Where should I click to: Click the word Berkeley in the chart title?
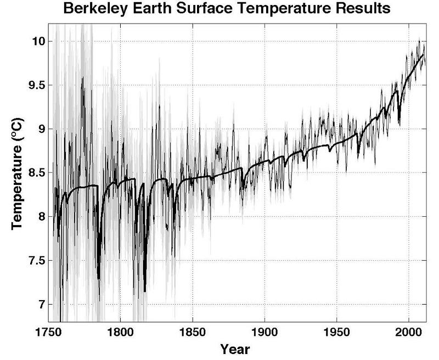[x=93, y=9]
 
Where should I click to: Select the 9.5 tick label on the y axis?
[x=36, y=85]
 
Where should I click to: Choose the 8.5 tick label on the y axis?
[x=36, y=173]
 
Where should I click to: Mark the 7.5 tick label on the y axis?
[x=36, y=261]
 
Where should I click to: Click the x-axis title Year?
[x=235, y=348]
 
